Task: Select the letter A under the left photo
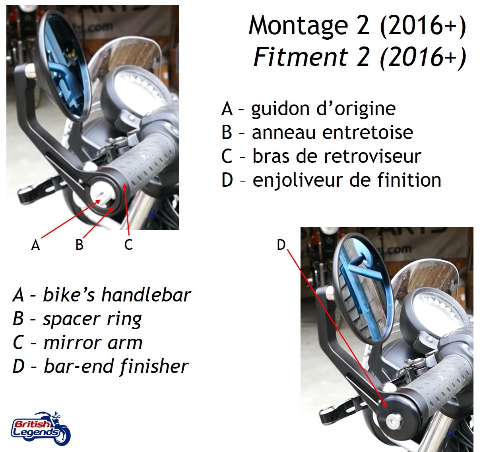[x=35, y=245]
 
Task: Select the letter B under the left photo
[x=80, y=245]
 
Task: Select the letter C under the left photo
[x=128, y=245]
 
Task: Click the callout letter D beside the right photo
[x=281, y=245]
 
